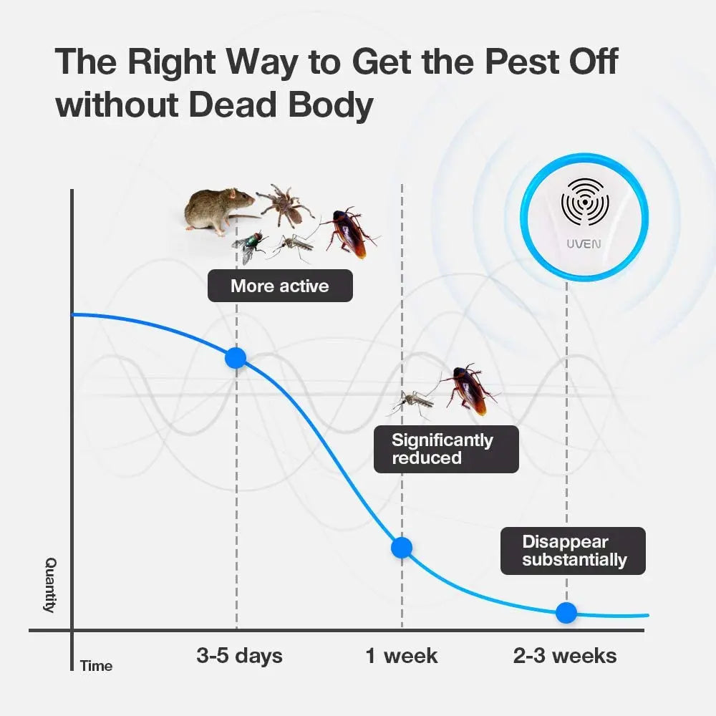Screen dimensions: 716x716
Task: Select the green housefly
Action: tap(249, 247)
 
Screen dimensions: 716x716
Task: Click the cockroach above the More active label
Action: tap(349, 233)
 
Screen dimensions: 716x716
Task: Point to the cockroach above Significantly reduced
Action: tap(468, 389)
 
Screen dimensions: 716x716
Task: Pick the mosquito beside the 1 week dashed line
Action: tap(411, 402)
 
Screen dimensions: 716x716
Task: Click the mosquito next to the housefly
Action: tap(292, 246)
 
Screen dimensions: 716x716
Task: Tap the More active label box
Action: tap(280, 286)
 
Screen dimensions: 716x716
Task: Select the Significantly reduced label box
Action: tap(446, 450)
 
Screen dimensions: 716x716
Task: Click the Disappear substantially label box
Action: tap(573, 551)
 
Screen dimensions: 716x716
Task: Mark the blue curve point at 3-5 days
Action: tap(236, 357)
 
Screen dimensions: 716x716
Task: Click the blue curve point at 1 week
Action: tap(402, 548)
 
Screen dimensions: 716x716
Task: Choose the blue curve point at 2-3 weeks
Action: tap(566, 612)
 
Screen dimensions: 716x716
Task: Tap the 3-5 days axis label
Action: tap(239, 656)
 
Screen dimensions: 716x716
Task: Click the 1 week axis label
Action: tap(402, 656)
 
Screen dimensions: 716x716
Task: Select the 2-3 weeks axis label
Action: tap(565, 656)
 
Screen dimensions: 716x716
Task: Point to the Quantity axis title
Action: tap(50, 585)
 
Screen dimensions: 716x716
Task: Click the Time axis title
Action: tap(97, 666)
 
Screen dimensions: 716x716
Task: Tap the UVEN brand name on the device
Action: tap(584, 244)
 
